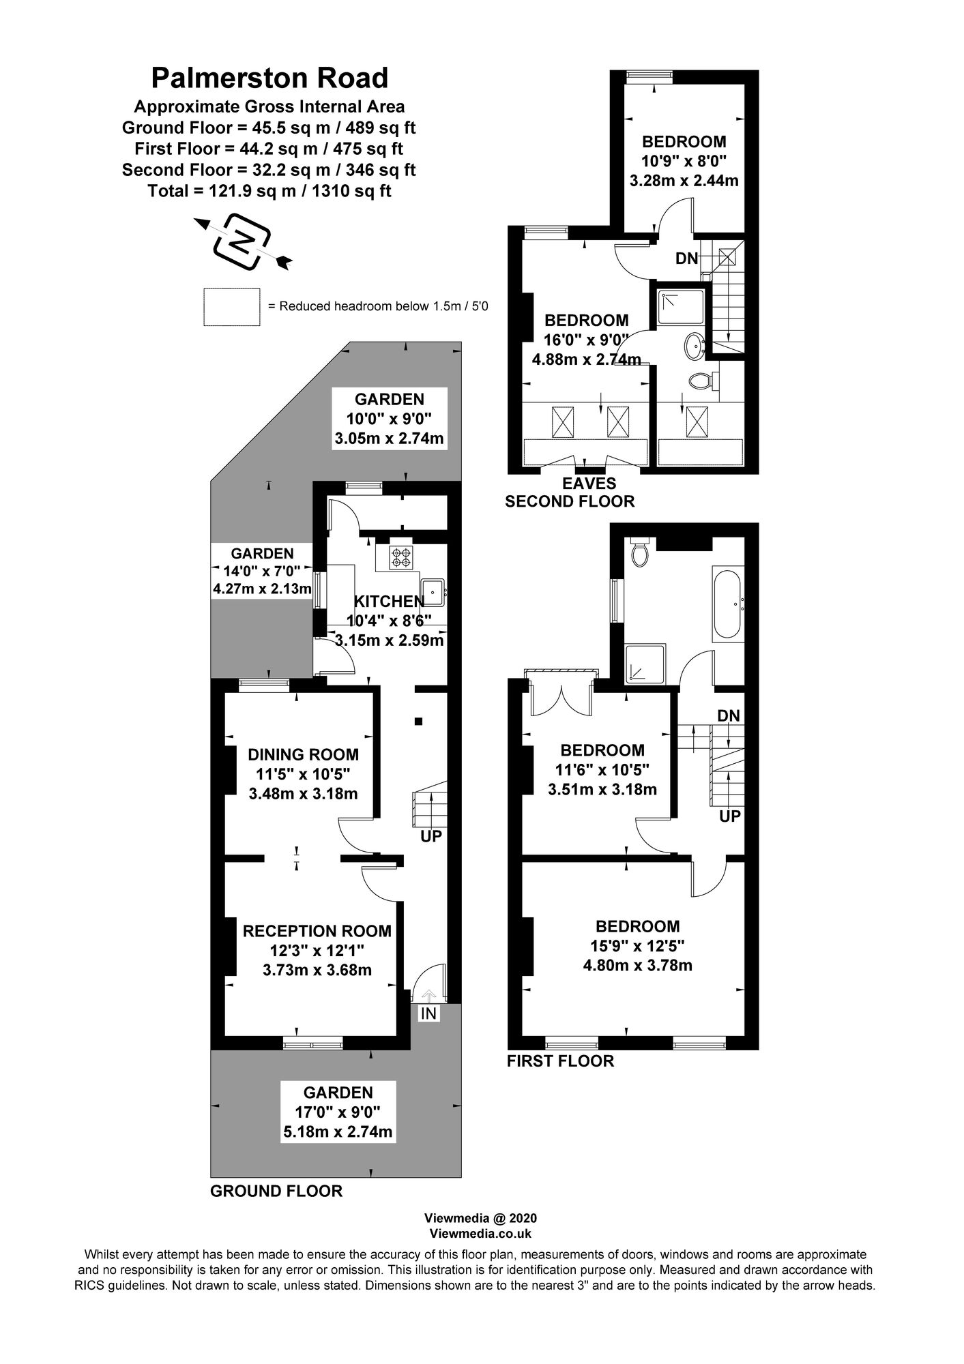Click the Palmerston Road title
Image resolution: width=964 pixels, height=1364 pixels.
269,78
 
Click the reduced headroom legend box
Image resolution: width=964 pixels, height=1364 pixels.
231,307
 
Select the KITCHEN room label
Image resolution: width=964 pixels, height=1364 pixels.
389,602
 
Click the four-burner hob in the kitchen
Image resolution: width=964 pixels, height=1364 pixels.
400,558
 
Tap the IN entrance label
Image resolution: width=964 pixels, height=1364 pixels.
428,1014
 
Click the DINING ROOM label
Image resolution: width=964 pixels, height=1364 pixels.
303,754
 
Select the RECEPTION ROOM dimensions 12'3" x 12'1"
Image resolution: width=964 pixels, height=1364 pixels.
317,950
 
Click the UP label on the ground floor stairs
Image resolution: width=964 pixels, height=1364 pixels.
431,835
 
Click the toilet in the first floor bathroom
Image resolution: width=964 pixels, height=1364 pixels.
639,552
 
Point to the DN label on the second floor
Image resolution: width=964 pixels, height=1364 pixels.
686,258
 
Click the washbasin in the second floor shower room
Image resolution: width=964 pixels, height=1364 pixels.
695,346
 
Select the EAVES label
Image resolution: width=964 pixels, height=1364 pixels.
589,484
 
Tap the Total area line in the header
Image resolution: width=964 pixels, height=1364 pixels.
269,191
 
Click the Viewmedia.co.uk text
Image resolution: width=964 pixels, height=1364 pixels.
480,1234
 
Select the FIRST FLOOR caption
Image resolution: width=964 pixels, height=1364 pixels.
560,1061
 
